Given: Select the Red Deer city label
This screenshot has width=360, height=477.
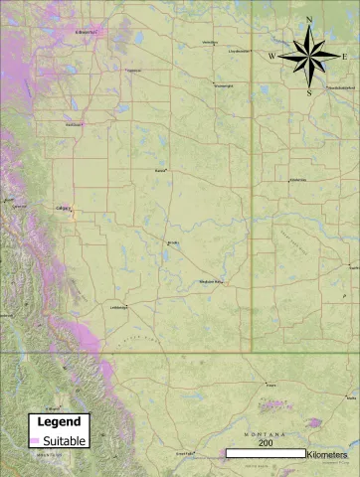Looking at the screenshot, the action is pos(73,124).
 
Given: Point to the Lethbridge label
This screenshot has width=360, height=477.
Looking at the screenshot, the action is pos(118,307).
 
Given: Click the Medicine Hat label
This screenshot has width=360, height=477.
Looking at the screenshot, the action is pos(212,281).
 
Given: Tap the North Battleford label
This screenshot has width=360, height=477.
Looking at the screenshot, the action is pos(340,87).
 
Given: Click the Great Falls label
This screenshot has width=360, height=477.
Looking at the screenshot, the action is pos(184,453).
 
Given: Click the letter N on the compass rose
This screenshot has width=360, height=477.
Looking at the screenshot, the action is pos(310,20).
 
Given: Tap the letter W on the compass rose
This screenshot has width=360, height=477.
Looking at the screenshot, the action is pos(271,57).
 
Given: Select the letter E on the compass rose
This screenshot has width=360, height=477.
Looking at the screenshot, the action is pos(344,57).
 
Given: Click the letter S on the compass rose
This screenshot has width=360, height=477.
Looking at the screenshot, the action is pos(310,92).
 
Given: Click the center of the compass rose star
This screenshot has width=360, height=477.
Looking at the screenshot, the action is pos(309,57).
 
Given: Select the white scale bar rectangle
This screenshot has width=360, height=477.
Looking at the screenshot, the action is pos(266,453).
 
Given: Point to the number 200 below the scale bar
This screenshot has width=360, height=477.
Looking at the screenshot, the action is pos(266,443).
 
